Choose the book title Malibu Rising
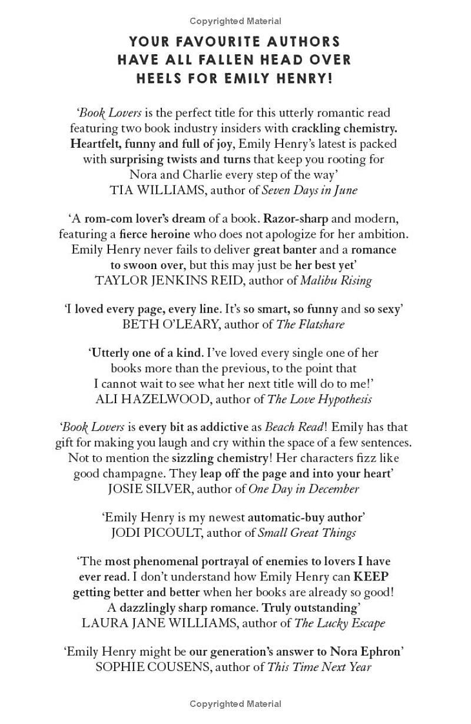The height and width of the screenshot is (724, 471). click(x=336, y=280)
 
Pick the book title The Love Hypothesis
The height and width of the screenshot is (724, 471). click(x=319, y=399)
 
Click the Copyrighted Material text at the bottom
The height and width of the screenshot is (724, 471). click(x=235, y=703)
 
